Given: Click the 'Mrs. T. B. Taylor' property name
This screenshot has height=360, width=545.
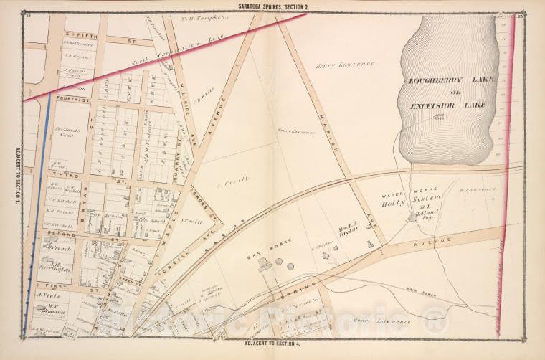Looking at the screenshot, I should click(347, 230).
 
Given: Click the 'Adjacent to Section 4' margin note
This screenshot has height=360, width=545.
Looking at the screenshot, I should click(272, 346).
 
